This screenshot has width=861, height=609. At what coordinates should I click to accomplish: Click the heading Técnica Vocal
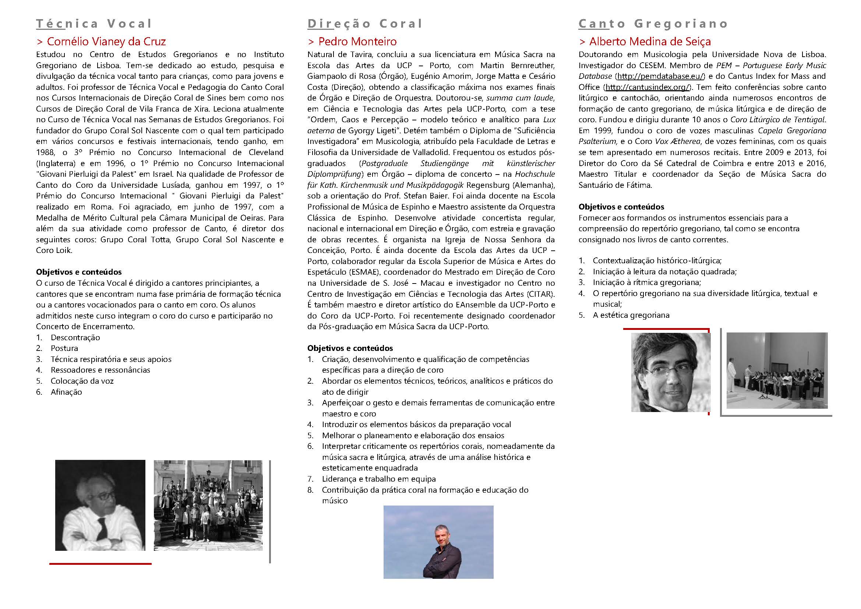pos(94,24)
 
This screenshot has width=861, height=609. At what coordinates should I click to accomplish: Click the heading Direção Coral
pos(364,24)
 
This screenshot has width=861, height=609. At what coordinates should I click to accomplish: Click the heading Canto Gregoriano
pos(653,24)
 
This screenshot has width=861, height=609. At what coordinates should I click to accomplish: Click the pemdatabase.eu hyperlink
pos(660,76)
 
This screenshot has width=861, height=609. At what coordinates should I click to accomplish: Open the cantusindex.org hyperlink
pos(647,87)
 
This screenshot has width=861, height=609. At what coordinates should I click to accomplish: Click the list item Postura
pos(64,348)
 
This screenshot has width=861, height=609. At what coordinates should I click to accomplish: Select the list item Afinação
pos(66,392)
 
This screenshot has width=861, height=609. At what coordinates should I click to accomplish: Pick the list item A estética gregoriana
pos(631,315)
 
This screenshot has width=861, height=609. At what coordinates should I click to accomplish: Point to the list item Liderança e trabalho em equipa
pos(379,479)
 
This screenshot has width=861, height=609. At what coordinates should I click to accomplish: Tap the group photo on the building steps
pos(208,506)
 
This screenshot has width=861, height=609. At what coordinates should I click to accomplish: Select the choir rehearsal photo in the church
pos(777,370)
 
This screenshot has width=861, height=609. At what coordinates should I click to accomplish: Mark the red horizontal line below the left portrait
pos(100,564)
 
